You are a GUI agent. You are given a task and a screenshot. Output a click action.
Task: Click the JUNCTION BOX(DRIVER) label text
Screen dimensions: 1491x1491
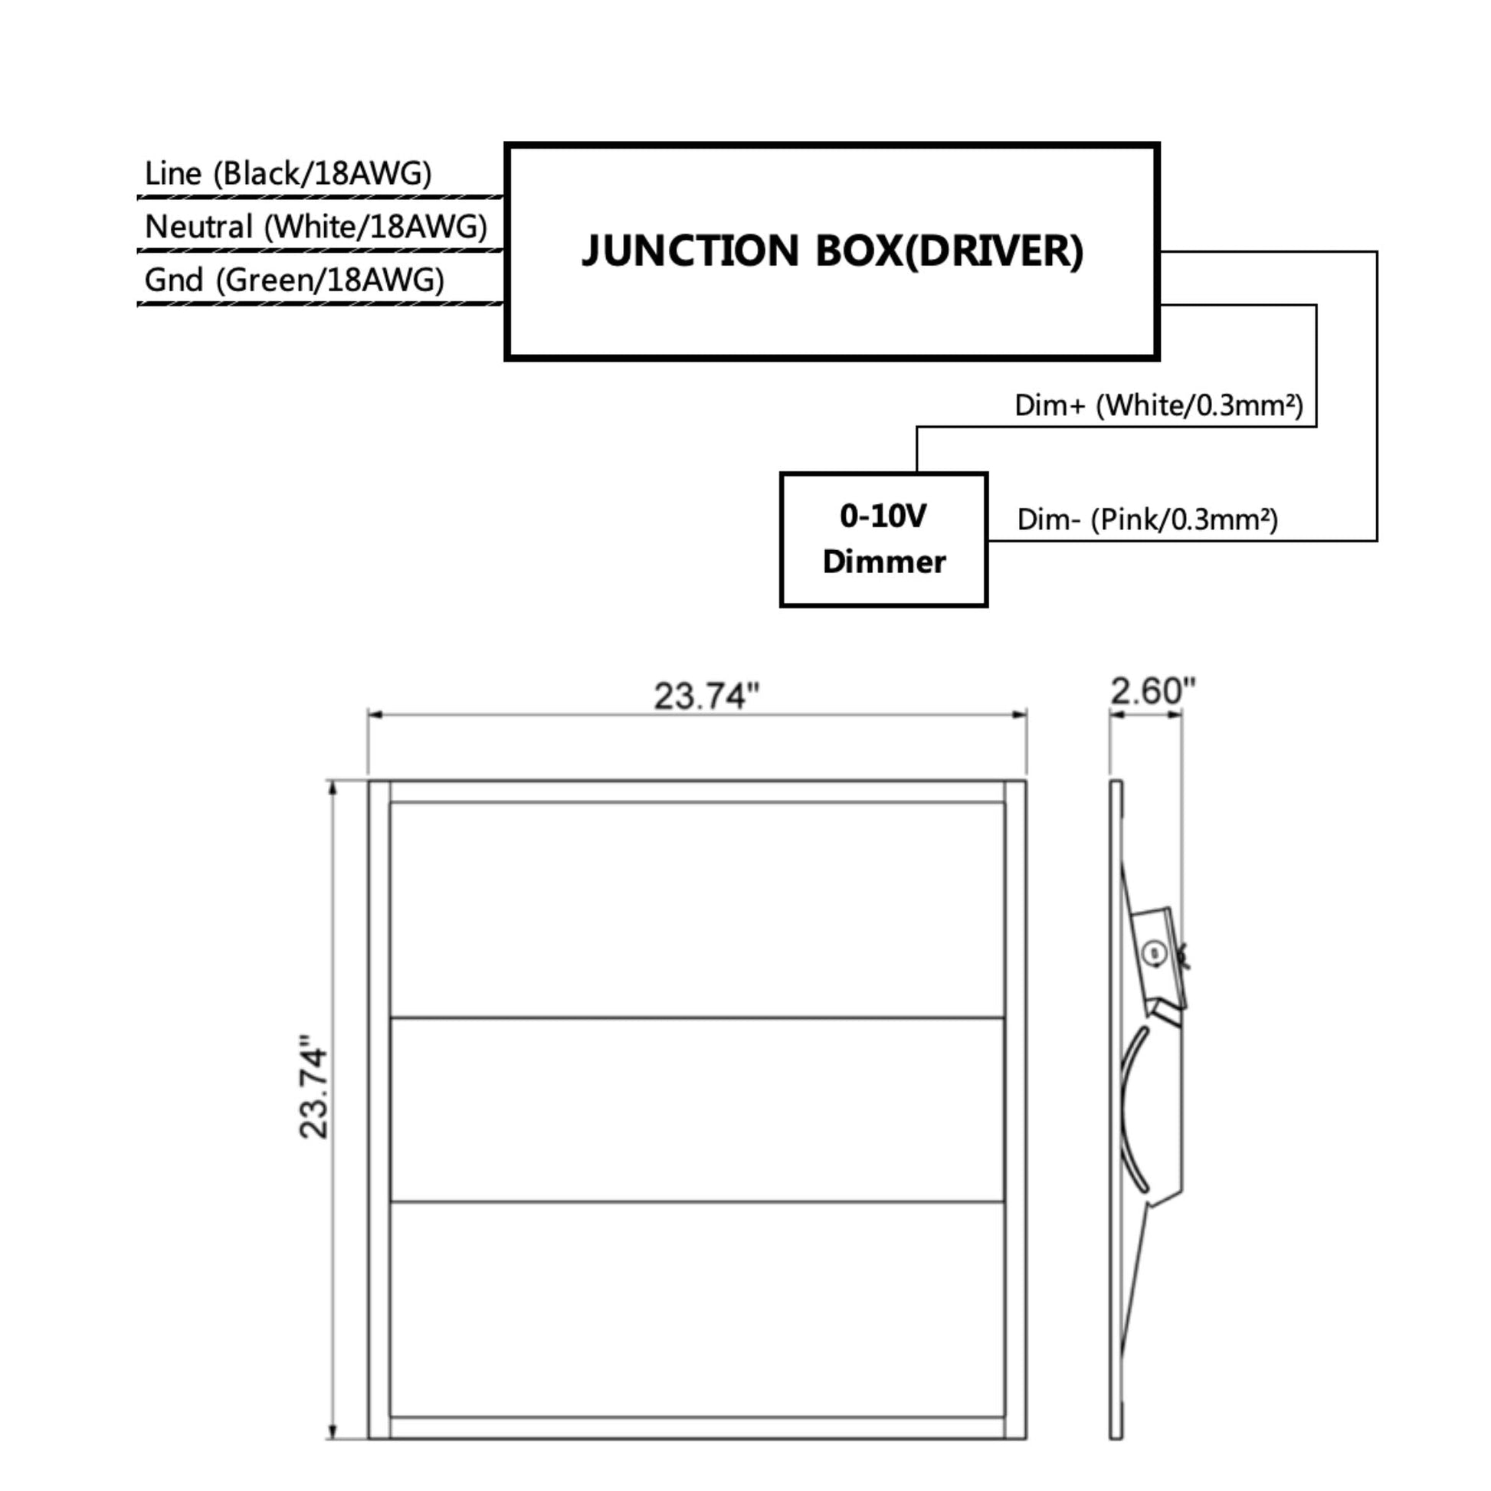(833, 251)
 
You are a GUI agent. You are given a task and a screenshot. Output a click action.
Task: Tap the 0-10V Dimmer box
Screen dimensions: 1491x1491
(883, 539)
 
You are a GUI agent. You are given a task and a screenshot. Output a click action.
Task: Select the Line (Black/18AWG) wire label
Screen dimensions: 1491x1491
(288, 173)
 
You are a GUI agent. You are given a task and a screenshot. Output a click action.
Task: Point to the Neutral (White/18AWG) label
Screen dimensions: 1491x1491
(316, 226)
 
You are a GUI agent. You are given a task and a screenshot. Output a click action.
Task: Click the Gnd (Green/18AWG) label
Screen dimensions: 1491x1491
(295, 280)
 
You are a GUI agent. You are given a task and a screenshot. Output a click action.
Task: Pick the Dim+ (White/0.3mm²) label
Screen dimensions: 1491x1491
(1159, 405)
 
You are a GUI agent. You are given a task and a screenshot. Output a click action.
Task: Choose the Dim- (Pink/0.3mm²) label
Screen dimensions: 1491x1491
(1148, 519)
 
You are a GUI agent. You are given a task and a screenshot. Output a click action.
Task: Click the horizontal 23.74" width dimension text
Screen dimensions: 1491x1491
(707, 696)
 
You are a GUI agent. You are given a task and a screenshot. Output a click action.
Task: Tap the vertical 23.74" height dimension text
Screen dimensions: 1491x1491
(313, 1093)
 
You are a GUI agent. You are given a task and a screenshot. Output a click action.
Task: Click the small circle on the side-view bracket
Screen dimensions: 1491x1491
(1155, 953)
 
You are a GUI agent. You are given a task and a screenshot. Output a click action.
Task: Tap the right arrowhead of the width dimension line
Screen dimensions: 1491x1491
(1019, 715)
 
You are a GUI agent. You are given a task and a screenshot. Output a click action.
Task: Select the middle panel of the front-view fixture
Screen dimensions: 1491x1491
(698, 1109)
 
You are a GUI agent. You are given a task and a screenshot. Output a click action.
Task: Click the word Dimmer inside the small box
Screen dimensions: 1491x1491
(883, 562)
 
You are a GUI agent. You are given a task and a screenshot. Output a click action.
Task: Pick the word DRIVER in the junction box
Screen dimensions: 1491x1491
(994, 251)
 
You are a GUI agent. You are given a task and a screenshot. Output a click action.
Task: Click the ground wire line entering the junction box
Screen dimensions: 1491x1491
(320, 304)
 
